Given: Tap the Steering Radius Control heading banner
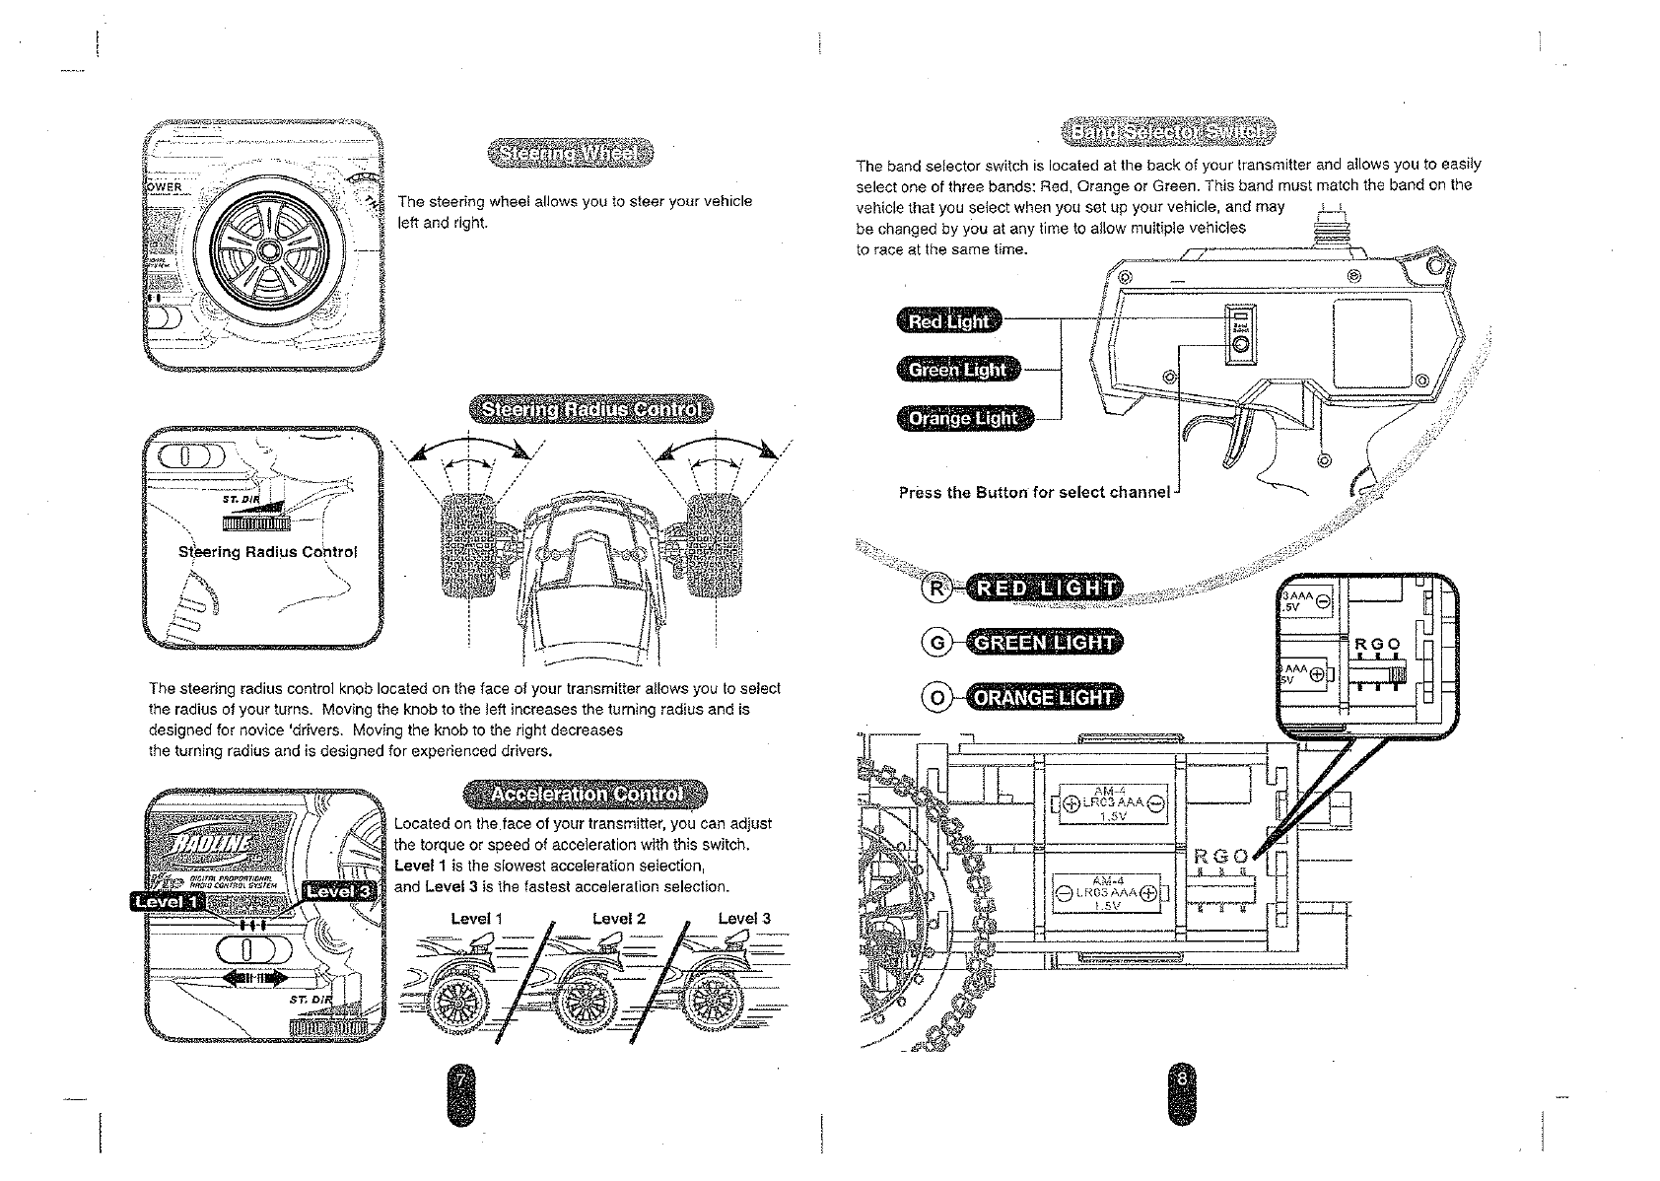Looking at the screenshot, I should tap(590, 410).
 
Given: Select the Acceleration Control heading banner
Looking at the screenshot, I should tap(587, 794).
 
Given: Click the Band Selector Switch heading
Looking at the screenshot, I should tap(1167, 131).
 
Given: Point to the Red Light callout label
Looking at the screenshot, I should tap(948, 321).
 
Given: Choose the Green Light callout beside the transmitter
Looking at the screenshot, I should tap(957, 370).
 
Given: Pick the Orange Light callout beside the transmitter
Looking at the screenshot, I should tap(963, 418).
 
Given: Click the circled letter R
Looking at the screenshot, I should tap(936, 589).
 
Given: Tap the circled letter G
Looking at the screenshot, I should tap(936, 643).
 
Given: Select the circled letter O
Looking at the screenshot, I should tap(936, 698).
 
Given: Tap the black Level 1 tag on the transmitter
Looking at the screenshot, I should tap(165, 901).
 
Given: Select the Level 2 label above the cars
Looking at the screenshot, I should tap(618, 919).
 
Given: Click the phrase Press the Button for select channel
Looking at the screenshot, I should tap(1034, 492).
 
